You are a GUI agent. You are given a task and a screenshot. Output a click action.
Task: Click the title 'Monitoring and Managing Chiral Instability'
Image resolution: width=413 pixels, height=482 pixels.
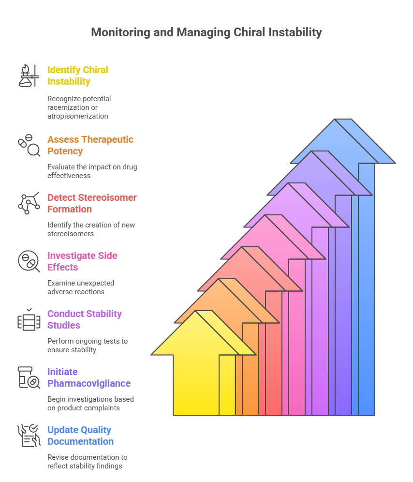click(206, 32)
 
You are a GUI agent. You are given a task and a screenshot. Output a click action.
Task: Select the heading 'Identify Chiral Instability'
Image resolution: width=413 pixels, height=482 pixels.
click(78, 75)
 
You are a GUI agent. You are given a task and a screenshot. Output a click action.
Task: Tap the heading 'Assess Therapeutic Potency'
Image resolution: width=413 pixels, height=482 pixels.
click(90, 145)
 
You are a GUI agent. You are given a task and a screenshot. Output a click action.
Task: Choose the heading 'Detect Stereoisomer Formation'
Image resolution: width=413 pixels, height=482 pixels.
click(92, 203)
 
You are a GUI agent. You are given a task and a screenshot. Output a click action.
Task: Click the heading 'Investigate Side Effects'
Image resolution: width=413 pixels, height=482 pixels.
click(82, 261)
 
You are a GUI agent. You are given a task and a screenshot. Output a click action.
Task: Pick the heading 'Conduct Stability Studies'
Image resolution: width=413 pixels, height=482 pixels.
click(85, 319)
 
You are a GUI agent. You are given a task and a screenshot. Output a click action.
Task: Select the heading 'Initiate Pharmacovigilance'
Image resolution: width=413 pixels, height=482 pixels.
click(89, 377)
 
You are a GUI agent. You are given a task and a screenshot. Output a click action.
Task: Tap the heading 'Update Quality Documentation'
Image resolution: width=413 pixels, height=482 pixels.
click(80, 436)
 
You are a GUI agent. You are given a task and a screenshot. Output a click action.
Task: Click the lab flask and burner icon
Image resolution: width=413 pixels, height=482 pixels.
click(29, 75)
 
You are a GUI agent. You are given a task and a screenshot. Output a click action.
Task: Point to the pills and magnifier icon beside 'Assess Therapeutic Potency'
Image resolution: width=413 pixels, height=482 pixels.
click(29, 145)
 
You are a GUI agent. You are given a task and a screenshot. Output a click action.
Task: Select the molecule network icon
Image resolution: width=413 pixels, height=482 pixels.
click(29, 203)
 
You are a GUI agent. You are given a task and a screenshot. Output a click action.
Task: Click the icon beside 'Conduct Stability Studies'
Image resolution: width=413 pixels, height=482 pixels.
click(29, 319)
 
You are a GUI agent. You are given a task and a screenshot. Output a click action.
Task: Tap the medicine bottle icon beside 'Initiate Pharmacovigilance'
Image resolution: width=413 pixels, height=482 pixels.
click(29, 377)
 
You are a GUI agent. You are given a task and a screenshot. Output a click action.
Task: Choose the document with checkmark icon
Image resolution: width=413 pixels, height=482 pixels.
click(29, 436)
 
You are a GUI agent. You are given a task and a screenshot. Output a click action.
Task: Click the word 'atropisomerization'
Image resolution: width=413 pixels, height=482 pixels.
click(78, 116)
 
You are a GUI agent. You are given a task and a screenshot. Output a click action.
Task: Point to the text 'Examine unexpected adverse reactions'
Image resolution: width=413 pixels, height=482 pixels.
click(80, 287)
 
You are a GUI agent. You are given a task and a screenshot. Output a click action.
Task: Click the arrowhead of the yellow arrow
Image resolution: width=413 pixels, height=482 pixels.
click(204, 333)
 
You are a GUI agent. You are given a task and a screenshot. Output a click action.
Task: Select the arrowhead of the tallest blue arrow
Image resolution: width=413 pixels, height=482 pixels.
click(342, 141)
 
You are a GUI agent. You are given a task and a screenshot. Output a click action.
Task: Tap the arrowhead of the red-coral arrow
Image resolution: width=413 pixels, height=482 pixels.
click(250, 269)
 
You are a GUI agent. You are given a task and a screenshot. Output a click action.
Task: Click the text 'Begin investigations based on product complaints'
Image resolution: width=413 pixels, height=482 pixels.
click(90, 404)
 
